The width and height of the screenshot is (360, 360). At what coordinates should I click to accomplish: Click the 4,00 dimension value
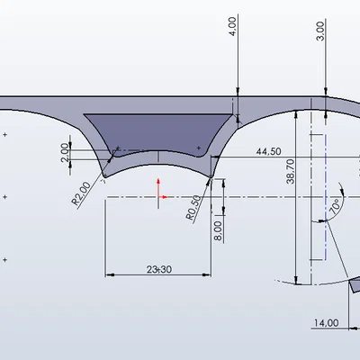(233, 26)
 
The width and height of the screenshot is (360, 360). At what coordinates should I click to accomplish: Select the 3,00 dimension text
(320, 31)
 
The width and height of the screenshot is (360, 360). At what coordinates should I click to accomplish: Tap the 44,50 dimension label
(269, 151)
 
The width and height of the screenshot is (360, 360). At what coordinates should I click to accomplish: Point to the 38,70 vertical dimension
(291, 171)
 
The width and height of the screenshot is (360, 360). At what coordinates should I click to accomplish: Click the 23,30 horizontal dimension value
(159, 269)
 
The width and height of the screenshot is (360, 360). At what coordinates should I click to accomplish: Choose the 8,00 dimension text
(218, 230)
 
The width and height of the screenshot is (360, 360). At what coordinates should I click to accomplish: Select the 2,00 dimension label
(65, 152)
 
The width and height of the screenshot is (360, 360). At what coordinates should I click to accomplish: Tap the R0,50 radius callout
(193, 208)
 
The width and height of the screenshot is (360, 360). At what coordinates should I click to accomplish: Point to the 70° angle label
(335, 205)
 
